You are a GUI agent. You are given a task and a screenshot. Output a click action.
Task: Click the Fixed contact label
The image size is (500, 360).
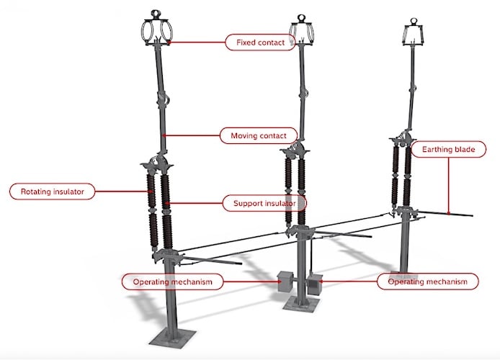pyautogui.click(x=260, y=42)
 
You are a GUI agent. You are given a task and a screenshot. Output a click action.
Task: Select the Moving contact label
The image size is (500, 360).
pyautogui.click(x=259, y=135)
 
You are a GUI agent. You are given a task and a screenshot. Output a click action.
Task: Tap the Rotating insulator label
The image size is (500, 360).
pyautogui.click(x=53, y=192)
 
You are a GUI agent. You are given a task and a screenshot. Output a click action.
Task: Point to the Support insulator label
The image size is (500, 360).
pyautogui.click(x=264, y=203)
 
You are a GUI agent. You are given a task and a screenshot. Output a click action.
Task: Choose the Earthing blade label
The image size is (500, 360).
pyautogui.click(x=448, y=150)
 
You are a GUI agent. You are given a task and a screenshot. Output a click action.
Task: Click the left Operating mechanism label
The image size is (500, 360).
pyautogui.click(x=172, y=282)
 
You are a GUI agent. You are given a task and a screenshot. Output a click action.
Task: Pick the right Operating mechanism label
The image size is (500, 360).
pyautogui.click(x=428, y=282)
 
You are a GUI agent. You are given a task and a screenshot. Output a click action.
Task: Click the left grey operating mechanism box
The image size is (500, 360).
pyautogui.click(x=285, y=282)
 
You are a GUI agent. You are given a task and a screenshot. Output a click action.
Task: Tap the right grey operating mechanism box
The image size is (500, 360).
pyautogui.click(x=314, y=284)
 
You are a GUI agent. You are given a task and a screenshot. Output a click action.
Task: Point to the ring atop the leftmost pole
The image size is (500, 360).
pyautogui.click(x=156, y=14)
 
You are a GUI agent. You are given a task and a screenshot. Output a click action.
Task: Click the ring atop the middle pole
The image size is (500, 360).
pyautogui.click(x=300, y=19)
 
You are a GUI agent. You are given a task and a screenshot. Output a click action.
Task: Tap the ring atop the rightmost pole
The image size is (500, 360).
pyautogui.click(x=414, y=22)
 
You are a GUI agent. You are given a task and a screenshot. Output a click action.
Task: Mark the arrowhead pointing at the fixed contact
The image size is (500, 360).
pyautogui.click(x=169, y=42)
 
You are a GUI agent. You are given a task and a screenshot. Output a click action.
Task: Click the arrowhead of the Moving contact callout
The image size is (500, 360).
pyautogui.click(x=164, y=135)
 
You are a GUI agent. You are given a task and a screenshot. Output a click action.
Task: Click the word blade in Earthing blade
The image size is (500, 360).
pyautogui.click(x=465, y=150)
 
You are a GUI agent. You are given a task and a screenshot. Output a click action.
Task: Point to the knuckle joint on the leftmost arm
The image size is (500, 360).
pyautogui.click(x=163, y=100)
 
